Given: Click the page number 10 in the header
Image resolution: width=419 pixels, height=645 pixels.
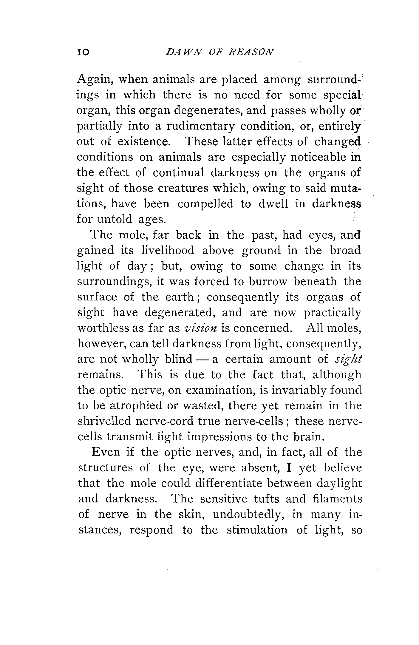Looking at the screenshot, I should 83,53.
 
